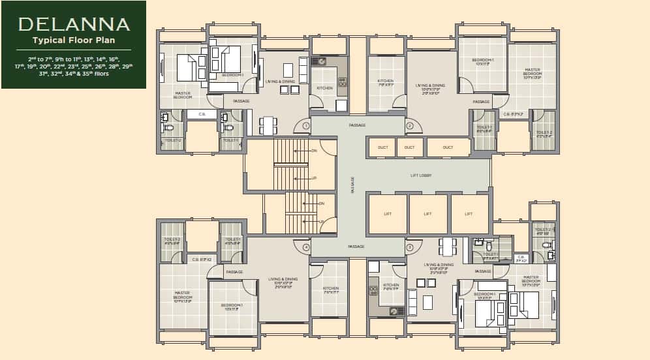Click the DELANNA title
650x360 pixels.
coord(74,25)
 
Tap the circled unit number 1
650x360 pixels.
coord(305,125)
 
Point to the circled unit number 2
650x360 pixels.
coord(410,125)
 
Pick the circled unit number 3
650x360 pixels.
coord(410,247)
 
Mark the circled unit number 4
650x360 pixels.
coord(305,247)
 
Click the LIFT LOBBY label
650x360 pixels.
coord(422,175)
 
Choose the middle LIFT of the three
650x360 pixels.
coord(427,214)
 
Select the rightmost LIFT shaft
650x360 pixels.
coord(469,214)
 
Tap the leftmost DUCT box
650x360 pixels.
coord(383,147)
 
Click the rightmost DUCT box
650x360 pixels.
coord(448,147)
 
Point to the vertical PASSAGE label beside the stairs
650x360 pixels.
coord(353,185)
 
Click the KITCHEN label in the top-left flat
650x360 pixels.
coord(324,87)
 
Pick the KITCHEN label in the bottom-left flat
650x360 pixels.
coord(330,289)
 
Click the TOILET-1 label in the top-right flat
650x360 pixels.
coord(484,128)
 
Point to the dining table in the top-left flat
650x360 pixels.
coord(268,124)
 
